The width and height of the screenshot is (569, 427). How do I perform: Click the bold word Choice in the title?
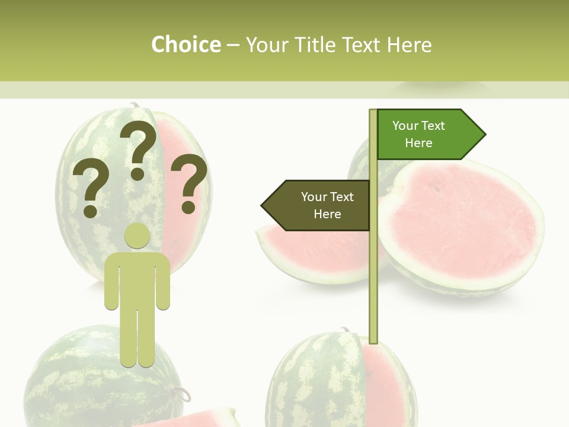pos(186,44)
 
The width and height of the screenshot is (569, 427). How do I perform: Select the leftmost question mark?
pos(90,189)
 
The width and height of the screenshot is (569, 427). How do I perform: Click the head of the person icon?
pos(137,235)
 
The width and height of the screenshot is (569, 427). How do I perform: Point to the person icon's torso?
pos(137,279)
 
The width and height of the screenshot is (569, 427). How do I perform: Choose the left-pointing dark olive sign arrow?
pos(317,205)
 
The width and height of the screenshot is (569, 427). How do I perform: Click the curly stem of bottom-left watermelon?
pos(181,393)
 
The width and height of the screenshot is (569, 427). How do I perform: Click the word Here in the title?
pos(409,44)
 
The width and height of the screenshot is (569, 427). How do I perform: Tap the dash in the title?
pos(233,46)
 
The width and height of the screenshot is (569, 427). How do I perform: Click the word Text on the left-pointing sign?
pos(341,197)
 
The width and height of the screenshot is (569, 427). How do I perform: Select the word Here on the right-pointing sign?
pos(418,143)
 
